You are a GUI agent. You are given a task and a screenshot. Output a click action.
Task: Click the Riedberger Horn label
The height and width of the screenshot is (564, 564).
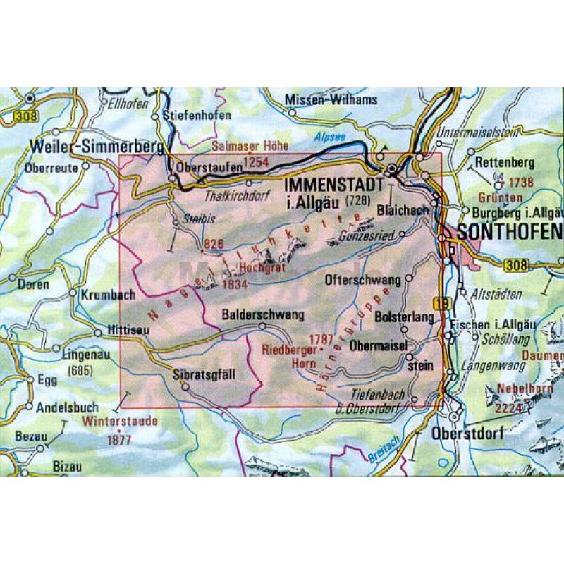click(x=290, y=356)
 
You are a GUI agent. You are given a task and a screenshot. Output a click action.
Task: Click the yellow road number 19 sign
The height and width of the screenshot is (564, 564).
click(x=441, y=302)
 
